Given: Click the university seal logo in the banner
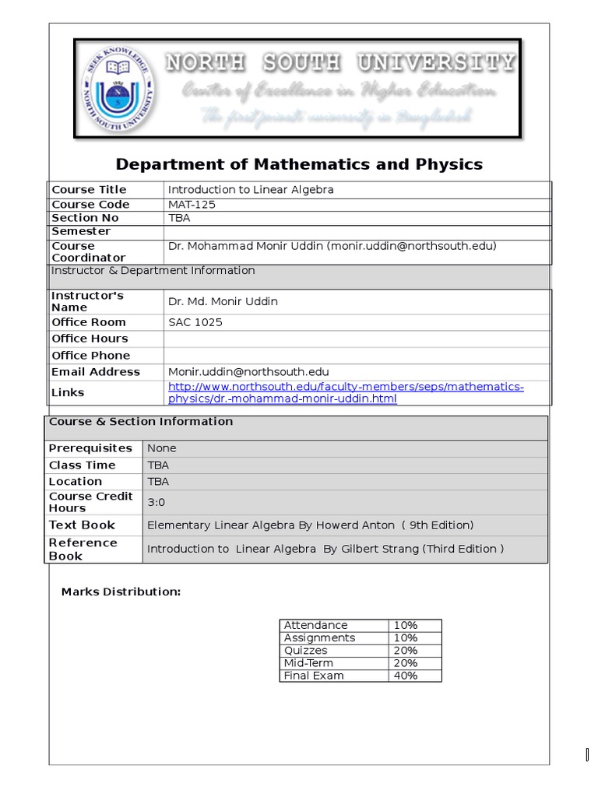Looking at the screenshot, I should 118,90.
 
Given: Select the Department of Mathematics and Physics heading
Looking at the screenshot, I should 299,164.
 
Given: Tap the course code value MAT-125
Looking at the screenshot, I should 192,205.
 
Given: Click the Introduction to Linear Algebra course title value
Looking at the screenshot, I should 251,190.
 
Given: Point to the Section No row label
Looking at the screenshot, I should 85,218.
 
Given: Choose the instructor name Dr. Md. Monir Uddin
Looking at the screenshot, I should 223,301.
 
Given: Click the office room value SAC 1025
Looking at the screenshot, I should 195,322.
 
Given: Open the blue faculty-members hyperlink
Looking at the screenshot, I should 346,393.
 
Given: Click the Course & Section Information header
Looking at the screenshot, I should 141,422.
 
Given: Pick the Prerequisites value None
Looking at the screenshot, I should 162,448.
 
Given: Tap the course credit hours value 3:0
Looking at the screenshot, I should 157,503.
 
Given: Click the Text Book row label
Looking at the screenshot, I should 82,525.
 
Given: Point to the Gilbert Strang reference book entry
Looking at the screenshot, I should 325,549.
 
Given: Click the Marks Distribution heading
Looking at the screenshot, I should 121,592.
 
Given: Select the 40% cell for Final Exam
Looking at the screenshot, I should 406,676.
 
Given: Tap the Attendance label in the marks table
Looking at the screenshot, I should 315,625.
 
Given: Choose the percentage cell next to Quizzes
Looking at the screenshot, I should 406,651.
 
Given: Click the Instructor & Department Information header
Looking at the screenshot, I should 153,271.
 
